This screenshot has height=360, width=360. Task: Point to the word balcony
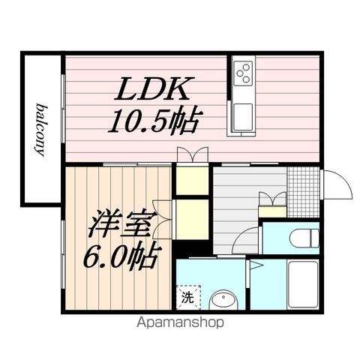point(38,128)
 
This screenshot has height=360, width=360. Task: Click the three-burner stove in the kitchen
point(243,73)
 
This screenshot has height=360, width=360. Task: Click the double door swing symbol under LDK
point(193,155)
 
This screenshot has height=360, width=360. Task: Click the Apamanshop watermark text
point(180,323)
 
